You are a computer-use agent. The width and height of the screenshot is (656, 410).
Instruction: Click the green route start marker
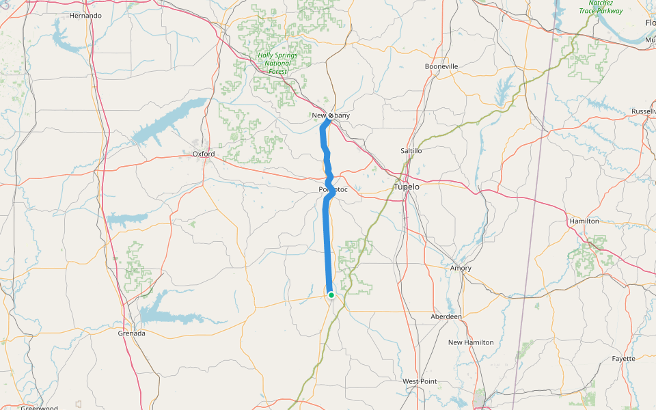(x=331, y=295)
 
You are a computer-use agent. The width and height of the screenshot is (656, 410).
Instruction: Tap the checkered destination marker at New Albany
(x=331, y=115)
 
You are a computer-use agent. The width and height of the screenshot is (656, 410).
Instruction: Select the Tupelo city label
(x=407, y=187)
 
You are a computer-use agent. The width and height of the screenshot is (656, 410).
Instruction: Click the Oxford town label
(x=204, y=154)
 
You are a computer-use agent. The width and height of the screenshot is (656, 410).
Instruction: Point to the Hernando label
(x=85, y=15)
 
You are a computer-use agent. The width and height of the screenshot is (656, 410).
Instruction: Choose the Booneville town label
(x=441, y=66)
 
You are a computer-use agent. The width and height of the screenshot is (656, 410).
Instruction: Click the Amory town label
(x=461, y=269)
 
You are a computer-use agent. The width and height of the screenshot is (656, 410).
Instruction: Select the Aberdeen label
(x=446, y=317)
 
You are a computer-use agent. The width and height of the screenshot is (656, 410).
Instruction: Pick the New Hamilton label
(x=471, y=342)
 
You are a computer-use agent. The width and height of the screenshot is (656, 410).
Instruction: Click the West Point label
(x=420, y=381)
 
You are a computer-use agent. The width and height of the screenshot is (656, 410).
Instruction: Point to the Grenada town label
(x=131, y=333)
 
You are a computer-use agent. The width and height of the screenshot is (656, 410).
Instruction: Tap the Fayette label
(x=623, y=359)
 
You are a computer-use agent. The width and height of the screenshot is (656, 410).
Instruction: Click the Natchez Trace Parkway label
(x=601, y=7)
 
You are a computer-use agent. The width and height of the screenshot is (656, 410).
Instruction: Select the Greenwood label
(x=38, y=408)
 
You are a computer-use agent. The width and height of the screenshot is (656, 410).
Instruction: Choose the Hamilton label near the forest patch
(x=584, y=221)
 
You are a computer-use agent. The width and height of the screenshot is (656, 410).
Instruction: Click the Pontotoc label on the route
(x=333, y=189)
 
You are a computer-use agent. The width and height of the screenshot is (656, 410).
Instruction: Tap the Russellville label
(x=644, y=111)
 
